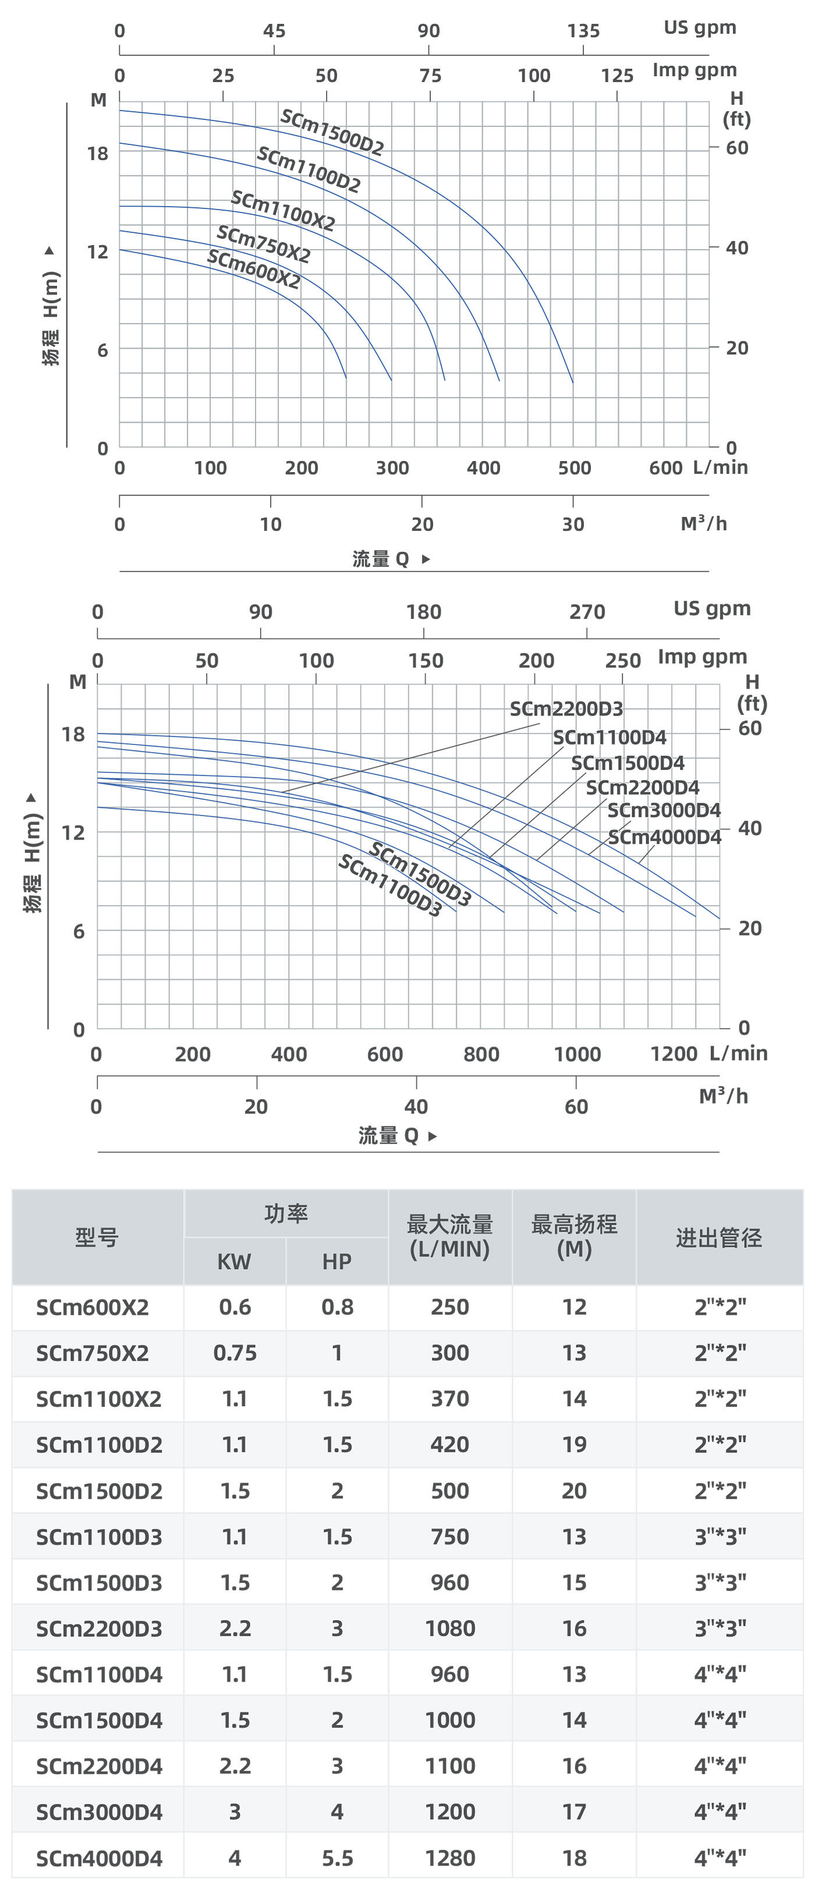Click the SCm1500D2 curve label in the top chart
(332, 133)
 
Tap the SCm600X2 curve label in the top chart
(253, 269)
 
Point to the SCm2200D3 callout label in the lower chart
(566, 709)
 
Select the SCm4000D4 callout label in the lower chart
(664, 837)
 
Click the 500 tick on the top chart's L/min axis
(574, 467)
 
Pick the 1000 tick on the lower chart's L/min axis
(577, 1054)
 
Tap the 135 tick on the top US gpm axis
(583, 31)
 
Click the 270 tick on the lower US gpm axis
(586, 612)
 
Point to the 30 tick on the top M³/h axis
(573, 524)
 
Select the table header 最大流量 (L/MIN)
(449, 1237)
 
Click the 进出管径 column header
(718, 1238)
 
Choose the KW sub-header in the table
(234, 1261)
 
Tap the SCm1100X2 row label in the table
(98, 1398)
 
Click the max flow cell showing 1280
(449, 1858)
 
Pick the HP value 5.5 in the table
(337, 1858)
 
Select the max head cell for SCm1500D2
(574, 1491)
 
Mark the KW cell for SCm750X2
(235, 1353)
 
